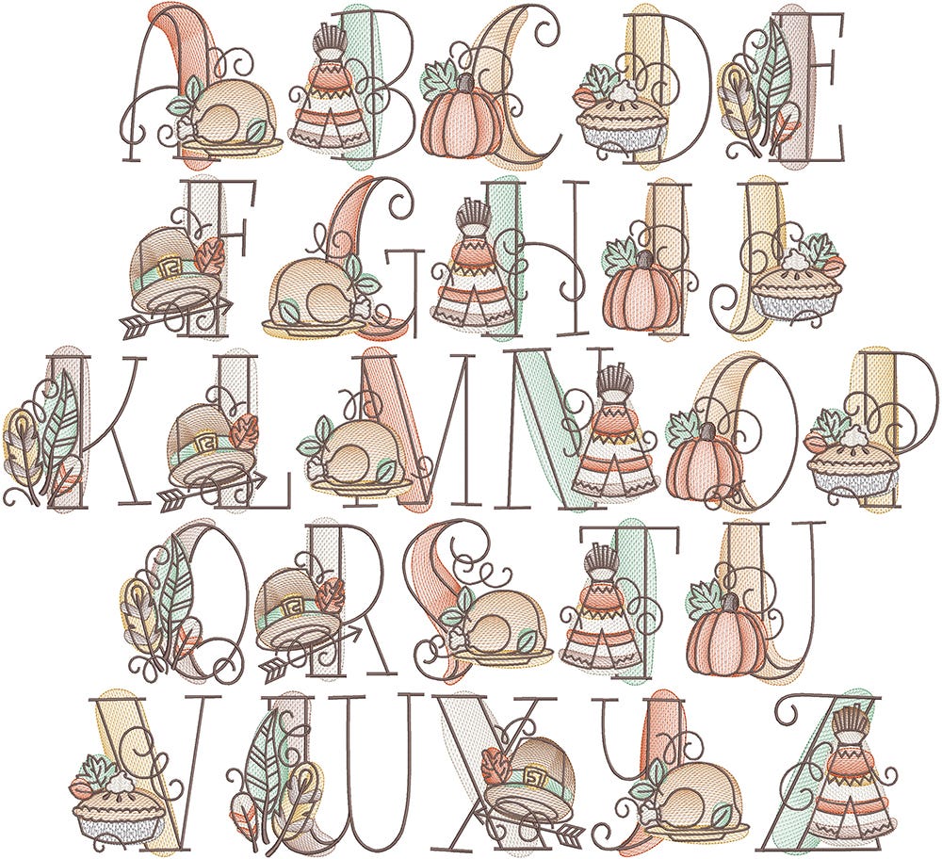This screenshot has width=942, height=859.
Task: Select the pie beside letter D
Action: click(623, 117)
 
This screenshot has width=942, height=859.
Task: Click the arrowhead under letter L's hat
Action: click(257, 478)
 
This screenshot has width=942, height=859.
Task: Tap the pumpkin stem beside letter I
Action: click(643, 260)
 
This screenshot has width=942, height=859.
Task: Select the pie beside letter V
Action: click(118, 805)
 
